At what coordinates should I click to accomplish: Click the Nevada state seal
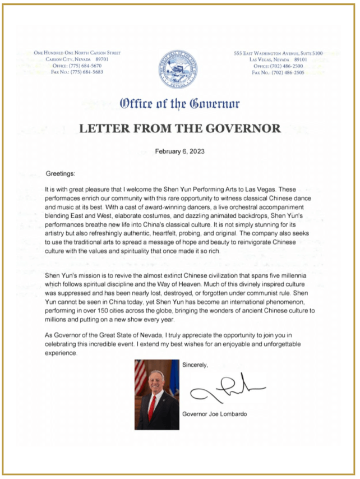tap(178, 70)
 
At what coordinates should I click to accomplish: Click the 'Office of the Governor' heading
tap(179, 104)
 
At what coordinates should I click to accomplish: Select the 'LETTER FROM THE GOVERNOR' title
tap(179, 128)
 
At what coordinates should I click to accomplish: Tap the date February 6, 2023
tap(179, 151)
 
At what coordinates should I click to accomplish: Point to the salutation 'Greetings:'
tap(59, 174)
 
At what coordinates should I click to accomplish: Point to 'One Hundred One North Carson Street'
tap(77, 53)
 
